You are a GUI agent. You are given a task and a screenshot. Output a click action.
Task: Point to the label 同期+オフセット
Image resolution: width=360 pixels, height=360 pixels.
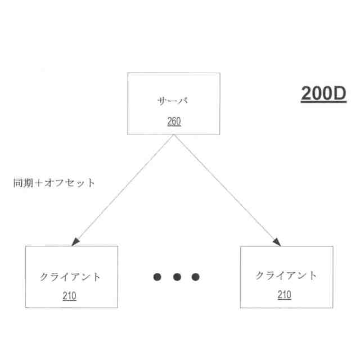[53, 183]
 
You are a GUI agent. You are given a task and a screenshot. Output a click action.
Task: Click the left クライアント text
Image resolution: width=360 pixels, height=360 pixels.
[71, 277]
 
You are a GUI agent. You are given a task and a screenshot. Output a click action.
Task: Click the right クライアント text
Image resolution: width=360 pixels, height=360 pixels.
[286, 276]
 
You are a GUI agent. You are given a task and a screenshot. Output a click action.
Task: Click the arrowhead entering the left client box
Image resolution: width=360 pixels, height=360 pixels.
[75, 242]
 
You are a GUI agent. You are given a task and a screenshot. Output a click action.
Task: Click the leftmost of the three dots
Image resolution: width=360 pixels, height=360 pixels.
[157, 277]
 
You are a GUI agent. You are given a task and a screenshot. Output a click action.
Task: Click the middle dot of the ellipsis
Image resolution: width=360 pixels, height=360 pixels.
[177, 277]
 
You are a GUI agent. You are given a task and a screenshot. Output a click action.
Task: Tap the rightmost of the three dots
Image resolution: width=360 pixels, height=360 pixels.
[195, 277]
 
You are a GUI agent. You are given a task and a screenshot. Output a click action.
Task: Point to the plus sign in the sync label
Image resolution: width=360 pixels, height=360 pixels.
[39, 183]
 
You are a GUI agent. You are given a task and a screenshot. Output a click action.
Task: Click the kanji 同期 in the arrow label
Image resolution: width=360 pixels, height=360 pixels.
[24, 183]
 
